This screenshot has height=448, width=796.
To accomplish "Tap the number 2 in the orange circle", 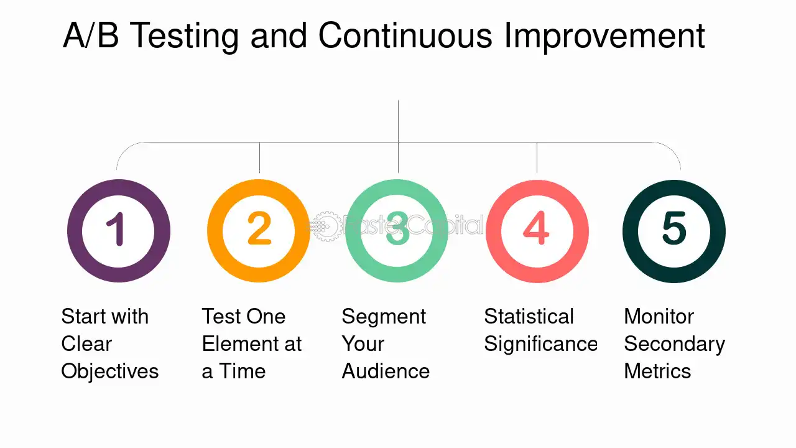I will (259, 229).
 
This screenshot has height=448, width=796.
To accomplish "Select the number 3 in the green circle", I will (397, 229).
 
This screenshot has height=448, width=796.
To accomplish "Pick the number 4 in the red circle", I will (536, 229).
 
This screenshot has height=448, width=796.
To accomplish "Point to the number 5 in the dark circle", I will (674, 229).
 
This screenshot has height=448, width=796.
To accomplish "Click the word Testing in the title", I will (185, 36).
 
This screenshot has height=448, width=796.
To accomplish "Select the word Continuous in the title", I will (405, 36).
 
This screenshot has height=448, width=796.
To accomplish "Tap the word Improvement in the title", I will (604, 36).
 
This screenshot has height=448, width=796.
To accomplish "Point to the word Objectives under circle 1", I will (110, 371).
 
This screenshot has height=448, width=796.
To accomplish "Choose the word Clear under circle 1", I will (86, 344).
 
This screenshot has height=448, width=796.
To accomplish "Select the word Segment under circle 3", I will (384, 317).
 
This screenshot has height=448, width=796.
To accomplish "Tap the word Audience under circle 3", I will (386, 371).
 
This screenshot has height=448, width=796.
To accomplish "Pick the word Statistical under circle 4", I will (529, 317).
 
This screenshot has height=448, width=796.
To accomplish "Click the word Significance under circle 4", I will (540, 344).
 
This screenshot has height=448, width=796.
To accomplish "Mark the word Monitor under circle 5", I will (659, 317).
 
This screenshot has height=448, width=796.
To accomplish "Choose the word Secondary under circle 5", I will (674, 344).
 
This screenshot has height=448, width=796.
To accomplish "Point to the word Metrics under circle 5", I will (657, 371).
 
